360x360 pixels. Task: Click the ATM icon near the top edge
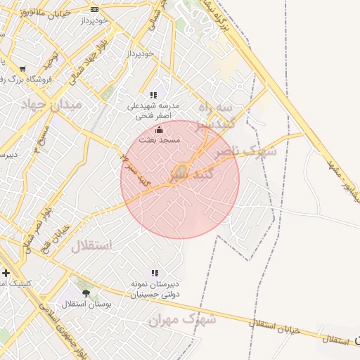click(x=94, y=9)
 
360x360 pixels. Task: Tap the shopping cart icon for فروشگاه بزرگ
click(x=23, y=69)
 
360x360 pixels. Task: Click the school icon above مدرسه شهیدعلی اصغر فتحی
click(x=153, y=95)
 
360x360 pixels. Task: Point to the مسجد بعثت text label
click(x=162, y=140)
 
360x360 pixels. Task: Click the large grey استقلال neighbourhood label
click(x=91, y=245)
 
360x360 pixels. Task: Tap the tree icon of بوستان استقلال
click(x=86, y=293)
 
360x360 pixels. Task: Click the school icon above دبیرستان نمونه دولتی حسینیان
click(x=153, y=273)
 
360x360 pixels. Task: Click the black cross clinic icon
click(x=6, y=273)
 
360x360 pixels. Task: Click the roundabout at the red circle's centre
click(x=181, y=169)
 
